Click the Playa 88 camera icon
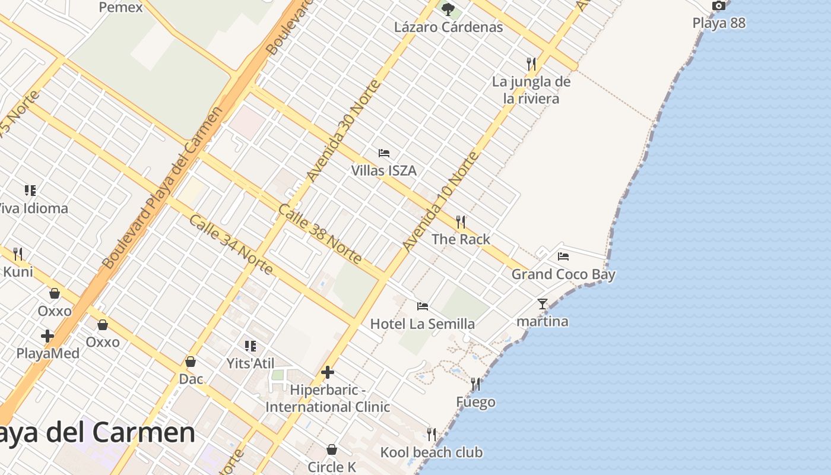[x=719, y=6]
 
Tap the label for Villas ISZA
[x=383, y=171]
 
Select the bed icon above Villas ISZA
[x=384, y=153]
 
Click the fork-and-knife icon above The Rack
[x=461, y=222]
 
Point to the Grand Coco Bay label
[x=563, y=274]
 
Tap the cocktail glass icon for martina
[x=543, y=304]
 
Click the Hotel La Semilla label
[x=422, y=324]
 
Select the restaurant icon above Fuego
[x=475, y=384]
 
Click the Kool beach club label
[x=431, y=452]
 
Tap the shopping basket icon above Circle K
[x=332, y=449]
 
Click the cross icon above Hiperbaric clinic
[x=327, y=373]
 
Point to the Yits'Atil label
[x=250, y=363]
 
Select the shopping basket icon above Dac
[x=191, y=362]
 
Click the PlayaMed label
[x=47, y=353]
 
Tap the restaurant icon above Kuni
[x=18, y=254]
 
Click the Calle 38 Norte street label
[x=319, y=234]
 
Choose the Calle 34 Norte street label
[x=231, y=245]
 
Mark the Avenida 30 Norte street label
[x=344, y=130]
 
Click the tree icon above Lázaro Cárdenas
[x=448, y=9]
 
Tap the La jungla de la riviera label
[x=531, y=90]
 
